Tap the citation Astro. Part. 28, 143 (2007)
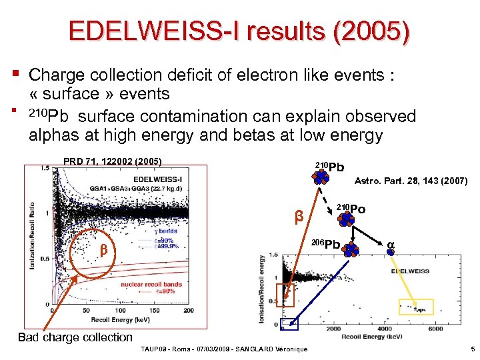411,181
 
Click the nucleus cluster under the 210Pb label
321,176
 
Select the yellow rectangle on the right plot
416,307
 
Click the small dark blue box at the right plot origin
289,325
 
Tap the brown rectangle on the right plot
285,294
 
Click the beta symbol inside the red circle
103,250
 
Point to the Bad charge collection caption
75,337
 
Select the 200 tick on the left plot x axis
188,310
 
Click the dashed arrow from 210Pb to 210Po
327,196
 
